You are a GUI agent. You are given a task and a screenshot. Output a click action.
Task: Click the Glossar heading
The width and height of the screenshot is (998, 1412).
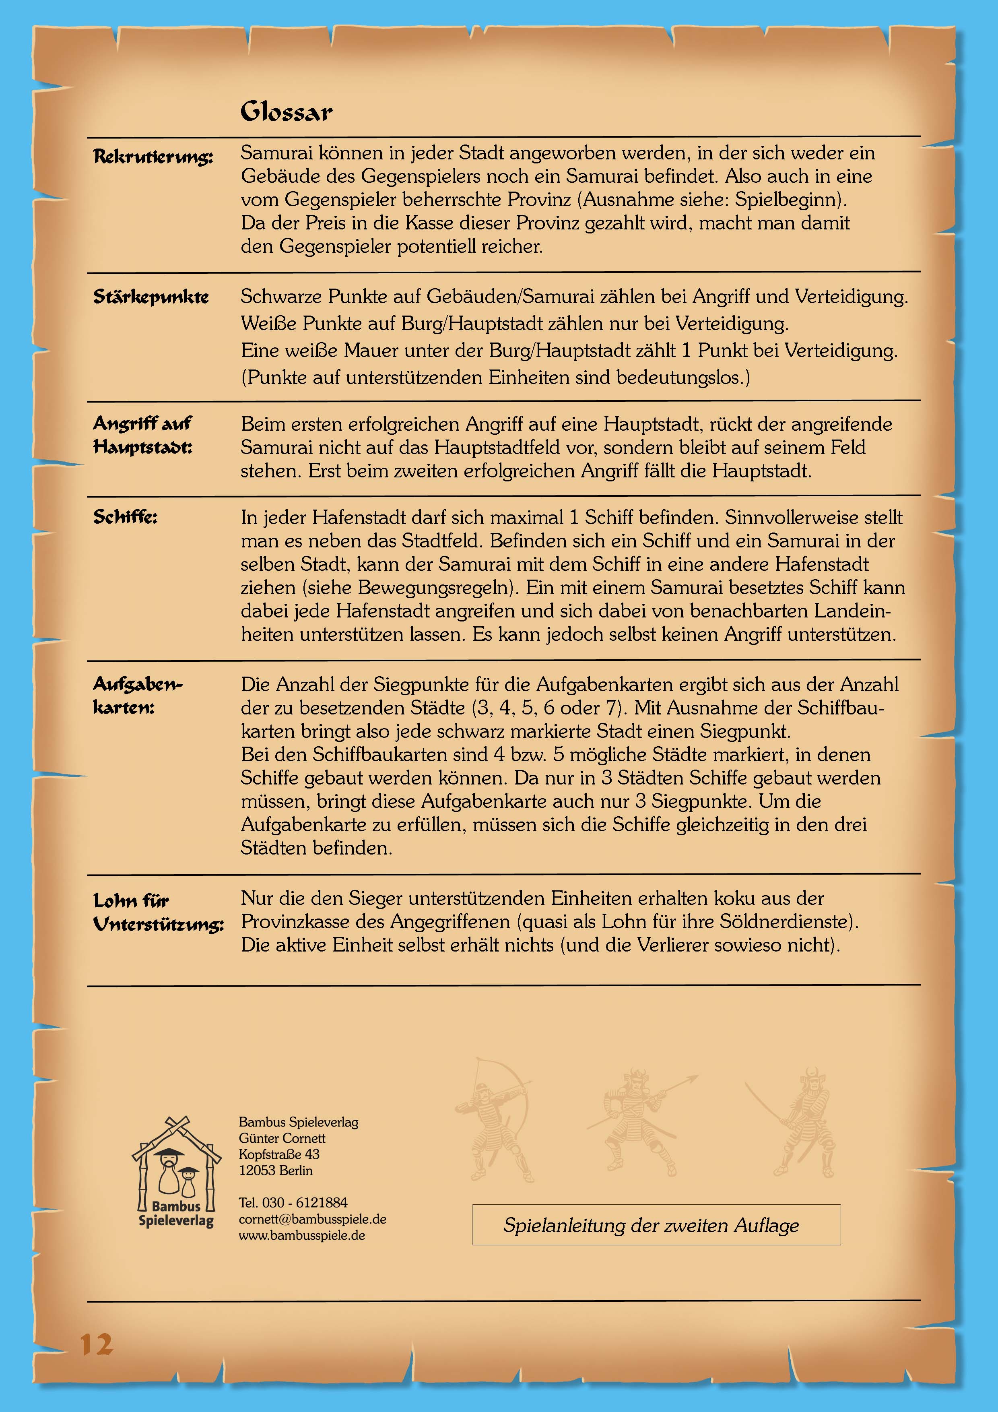[286, 112]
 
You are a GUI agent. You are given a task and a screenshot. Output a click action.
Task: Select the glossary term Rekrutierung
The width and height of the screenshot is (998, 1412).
[153, 157]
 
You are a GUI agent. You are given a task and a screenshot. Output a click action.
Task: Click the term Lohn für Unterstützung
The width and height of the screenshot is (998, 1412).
[158, 912]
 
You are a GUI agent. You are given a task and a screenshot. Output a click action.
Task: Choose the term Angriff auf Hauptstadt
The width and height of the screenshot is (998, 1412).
[143, 435]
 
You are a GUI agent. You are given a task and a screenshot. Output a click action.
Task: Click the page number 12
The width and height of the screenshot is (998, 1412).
[97, 1344]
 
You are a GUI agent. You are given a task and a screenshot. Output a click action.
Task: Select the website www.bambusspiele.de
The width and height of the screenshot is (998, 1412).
[302, 1236]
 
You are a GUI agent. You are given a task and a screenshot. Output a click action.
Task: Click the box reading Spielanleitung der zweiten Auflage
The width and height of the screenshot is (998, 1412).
[656, 1225]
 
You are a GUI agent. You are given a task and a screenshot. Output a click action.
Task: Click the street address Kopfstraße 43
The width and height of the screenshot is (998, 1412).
[279, 1154]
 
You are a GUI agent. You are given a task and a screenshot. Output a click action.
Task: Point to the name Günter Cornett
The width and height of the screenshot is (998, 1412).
[282, 1138]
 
